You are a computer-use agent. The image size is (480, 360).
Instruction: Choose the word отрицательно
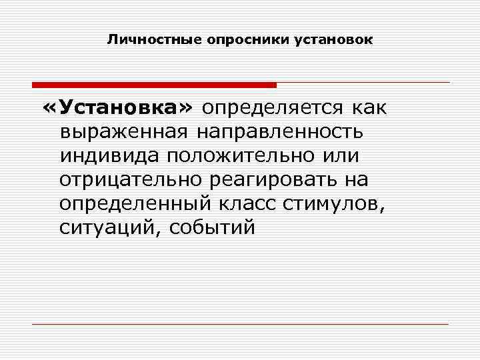pos(134,179)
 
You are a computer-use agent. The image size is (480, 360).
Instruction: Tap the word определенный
pos(134,203)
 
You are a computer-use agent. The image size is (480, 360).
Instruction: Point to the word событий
pos(213,227)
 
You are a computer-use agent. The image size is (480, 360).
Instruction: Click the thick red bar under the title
pos(154,85)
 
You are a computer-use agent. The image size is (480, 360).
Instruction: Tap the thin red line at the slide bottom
pos(240,324)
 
